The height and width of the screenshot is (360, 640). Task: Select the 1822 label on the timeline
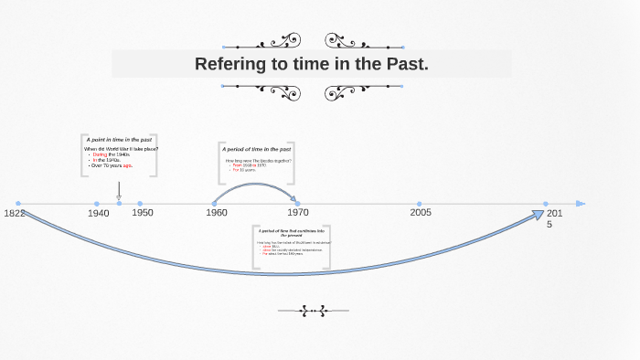(15, 213)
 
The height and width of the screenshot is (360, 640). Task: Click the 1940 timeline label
(99, 213)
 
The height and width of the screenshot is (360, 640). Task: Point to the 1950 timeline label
(143, 212)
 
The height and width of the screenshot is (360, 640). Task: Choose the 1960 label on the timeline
(217, 212)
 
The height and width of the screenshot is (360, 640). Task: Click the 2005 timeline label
(421, 212)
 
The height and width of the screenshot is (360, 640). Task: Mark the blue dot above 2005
(420, 204)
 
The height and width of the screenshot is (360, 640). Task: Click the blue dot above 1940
(97, 204)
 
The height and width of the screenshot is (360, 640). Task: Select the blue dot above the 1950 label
(140, 204)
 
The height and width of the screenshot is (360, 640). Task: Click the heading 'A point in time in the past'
(119, 139)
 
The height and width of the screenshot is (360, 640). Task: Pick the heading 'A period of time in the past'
(256, 148)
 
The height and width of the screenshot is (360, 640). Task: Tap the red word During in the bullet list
(100, 154)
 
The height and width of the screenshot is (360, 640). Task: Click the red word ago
(128, 165)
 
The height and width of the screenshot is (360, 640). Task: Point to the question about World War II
(121, 148)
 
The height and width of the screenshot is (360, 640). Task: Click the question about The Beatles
(259, 160)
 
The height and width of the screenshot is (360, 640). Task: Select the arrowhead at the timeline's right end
(581, 204)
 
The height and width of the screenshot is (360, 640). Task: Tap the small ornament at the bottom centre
(313, 311)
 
